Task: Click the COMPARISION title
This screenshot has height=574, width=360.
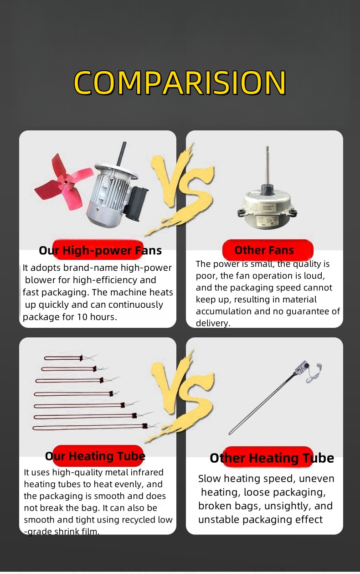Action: (x=180, y=83)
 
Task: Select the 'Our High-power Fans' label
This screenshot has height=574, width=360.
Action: (x=100, y=250)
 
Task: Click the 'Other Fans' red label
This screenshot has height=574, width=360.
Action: (x=264, y=250)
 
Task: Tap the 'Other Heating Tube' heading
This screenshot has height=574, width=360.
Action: (x=272, y=458)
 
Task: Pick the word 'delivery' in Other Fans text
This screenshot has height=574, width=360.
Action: (x=212, y=323)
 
